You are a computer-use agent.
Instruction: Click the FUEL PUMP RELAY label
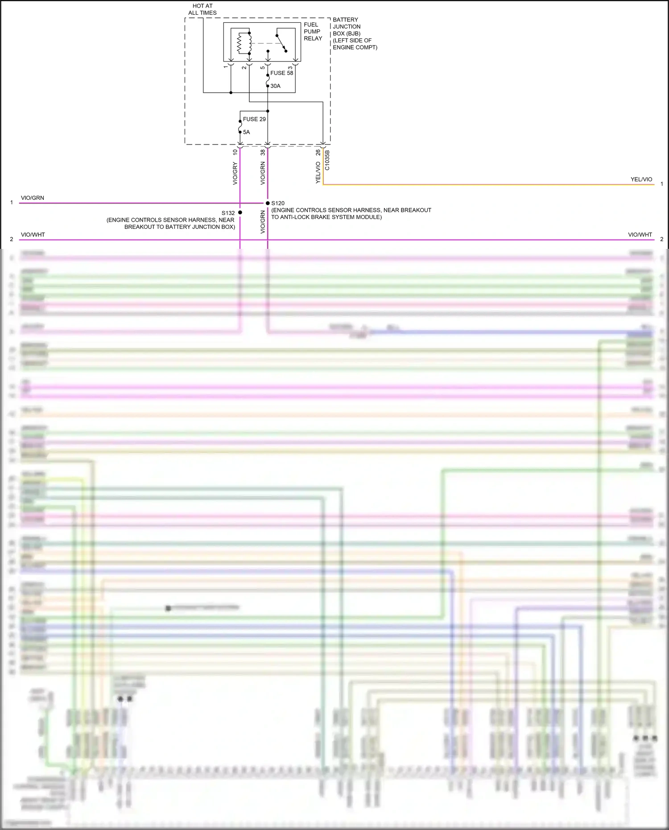point(313,32)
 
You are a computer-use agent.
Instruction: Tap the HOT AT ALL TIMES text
point(202,9)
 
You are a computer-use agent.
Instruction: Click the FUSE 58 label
point(282,73)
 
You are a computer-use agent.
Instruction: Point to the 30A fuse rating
point(276,86)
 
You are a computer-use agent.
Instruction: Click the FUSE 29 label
point(254,119)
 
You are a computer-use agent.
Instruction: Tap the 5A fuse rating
point(246,132)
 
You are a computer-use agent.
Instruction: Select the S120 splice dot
point(268,203)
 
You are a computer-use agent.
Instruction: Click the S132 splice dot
point(240,213)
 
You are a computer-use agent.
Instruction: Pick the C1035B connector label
point(327,160)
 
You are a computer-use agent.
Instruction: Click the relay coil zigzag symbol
point(239,43)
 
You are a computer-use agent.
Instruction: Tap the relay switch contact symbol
point(281,43)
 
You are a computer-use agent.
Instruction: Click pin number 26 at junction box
point(318,153)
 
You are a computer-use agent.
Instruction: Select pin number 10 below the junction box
point(235,152)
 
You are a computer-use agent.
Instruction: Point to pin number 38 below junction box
point(263,152)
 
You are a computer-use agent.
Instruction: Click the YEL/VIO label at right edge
point(641,179)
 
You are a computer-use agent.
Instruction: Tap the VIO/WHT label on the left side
point(33,235)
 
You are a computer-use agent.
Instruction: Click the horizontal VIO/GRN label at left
point(33,198)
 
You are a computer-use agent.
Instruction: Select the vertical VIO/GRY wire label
point(235,173)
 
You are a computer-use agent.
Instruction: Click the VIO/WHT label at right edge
point(640,235)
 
